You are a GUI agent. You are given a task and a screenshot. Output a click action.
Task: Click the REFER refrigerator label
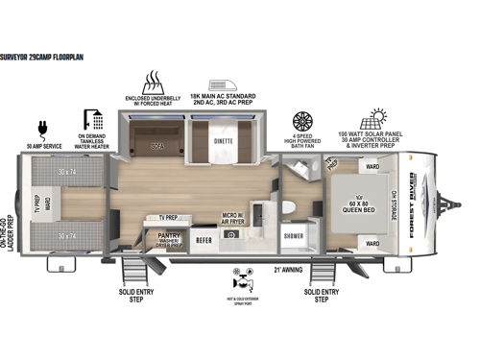(x=204, y=241)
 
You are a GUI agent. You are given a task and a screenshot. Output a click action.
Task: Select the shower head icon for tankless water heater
(x=94, y=119)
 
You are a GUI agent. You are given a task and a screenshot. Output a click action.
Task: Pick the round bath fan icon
(x=303, y=123)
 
